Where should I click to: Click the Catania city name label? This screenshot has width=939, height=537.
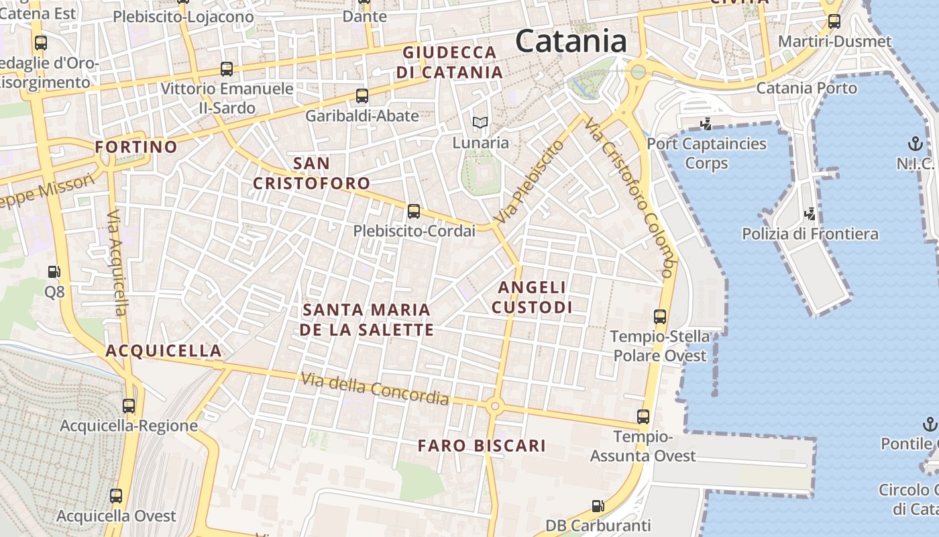(571, 42)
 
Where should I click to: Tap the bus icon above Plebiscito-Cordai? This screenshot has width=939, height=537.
(414, 211)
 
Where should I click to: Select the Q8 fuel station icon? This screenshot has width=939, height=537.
(54, 272)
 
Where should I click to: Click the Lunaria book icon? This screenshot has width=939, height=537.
(480, 122)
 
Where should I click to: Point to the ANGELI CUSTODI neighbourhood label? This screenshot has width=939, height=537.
(532, 297)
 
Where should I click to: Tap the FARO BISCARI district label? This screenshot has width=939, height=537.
(482, 446)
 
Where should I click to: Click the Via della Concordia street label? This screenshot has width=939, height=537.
(374, 389)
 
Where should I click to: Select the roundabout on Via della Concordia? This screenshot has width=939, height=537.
(495, 405)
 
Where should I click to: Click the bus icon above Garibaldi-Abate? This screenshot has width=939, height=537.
(362, 96)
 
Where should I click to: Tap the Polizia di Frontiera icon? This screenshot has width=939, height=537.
(810, 214)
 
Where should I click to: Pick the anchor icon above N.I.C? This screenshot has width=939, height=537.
(915, 144)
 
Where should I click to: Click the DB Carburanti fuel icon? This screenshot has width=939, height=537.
(598, 505)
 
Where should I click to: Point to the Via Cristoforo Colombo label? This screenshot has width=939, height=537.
(629, 198)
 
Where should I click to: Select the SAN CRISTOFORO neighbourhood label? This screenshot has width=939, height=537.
(311, 173)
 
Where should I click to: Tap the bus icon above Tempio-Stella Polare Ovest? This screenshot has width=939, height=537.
(660, 317)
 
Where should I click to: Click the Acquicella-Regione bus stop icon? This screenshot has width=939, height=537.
(129, 406)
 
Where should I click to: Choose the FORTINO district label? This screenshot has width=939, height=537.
(136, 147)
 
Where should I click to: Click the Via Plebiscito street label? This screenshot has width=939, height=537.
(528, 183)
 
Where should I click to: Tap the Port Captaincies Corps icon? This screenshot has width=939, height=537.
(706, 124)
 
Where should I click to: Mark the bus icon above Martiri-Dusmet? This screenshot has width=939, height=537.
(834, 21)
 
